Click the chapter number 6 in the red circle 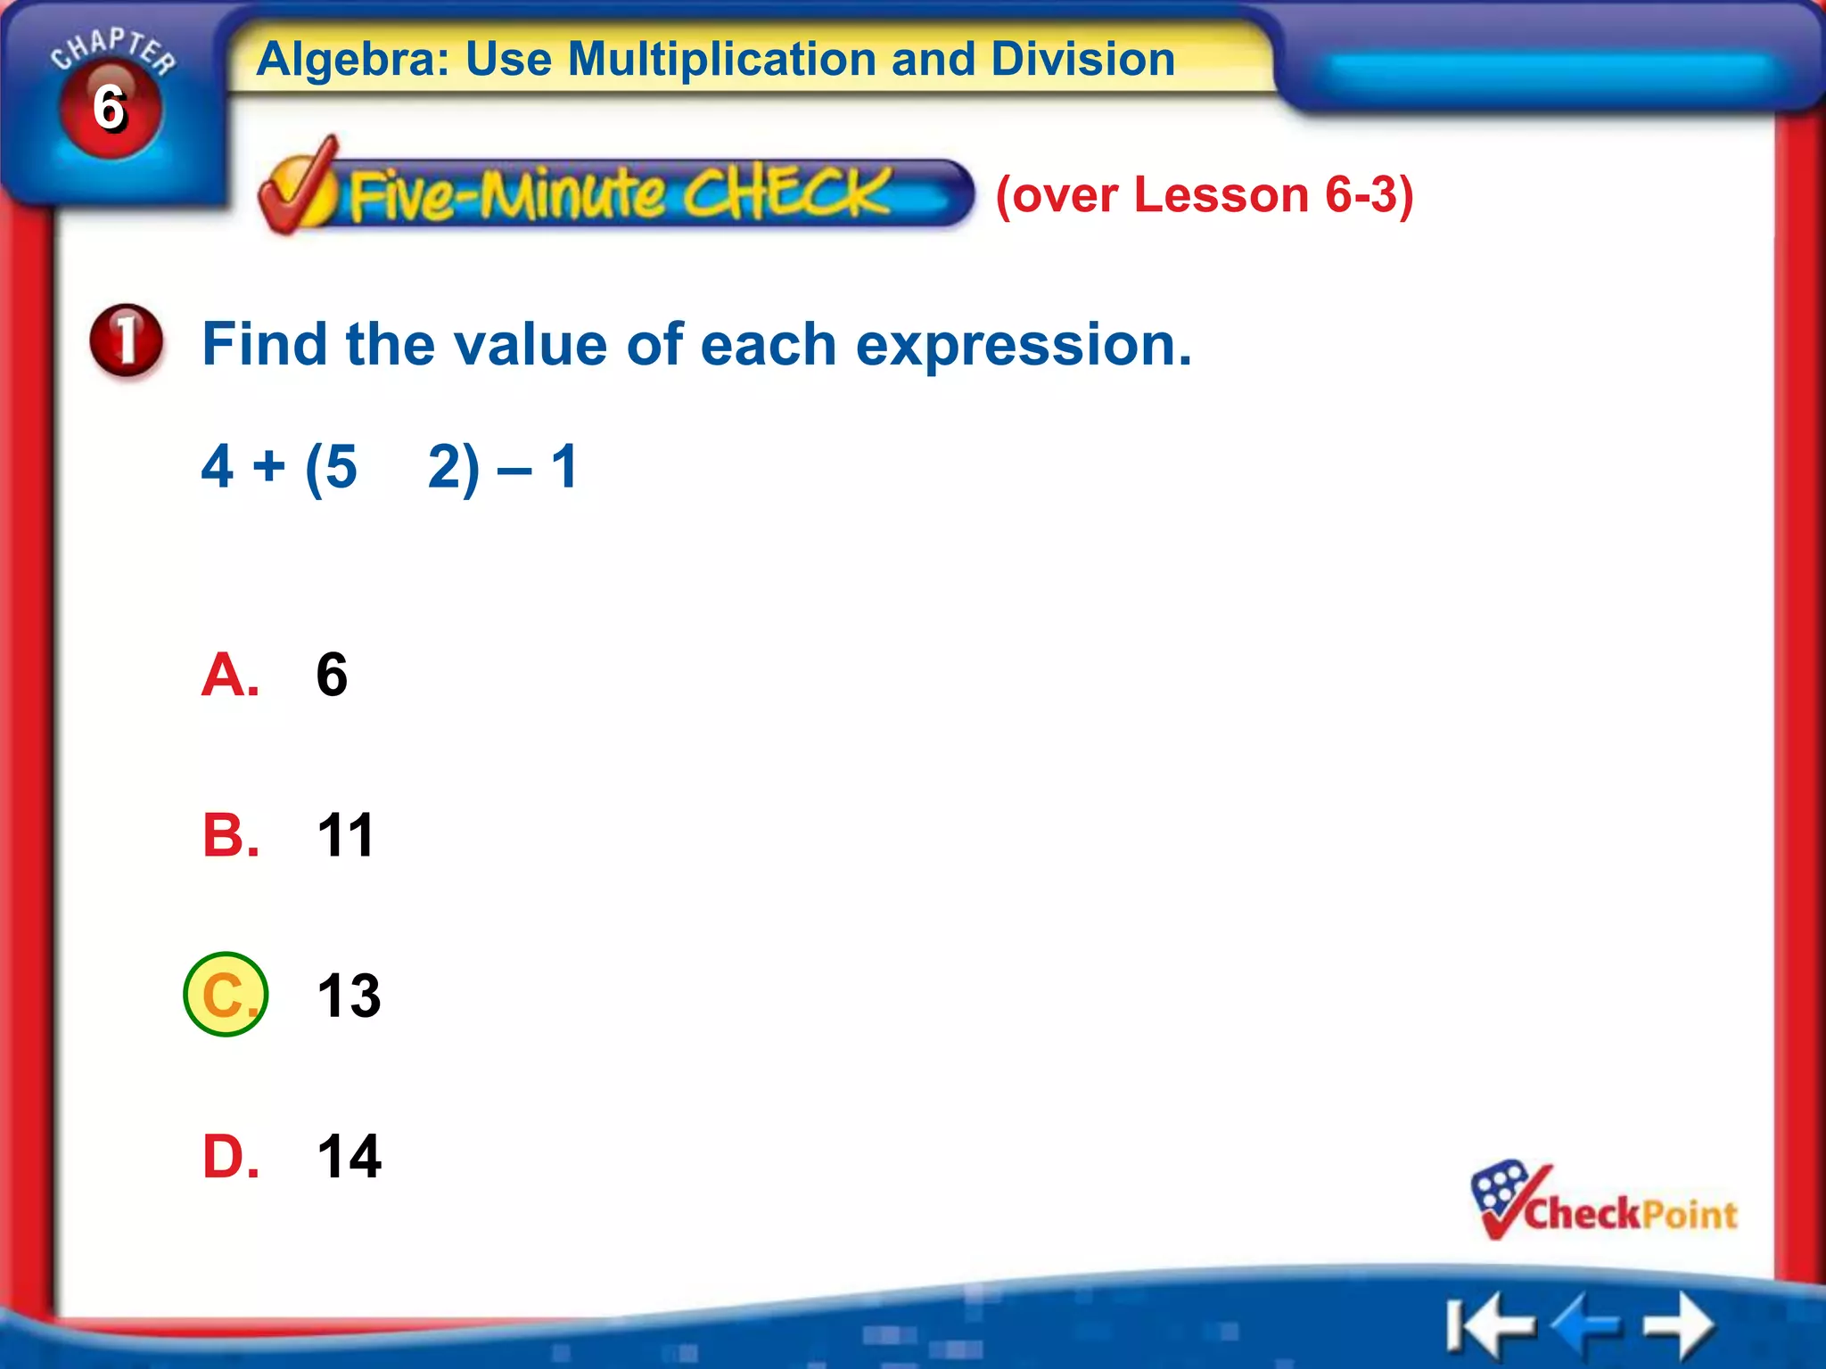click(x=110, y=109)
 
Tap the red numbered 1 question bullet click(x=127, y=340)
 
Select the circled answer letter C click(x=226, y=995)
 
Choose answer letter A click(x=230, y=675)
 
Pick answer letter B click(x=230, y=835)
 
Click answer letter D click(x=230, y=1156)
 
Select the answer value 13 click(x=349, y=996)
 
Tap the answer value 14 click(x=349, y=1156)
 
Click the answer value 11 click(x=345, y=835)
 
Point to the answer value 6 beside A click(x=332, y=675)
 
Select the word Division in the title click(x=1082, y=59)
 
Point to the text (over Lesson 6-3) click(x=1204, y=194)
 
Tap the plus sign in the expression click(x=268, y=466)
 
